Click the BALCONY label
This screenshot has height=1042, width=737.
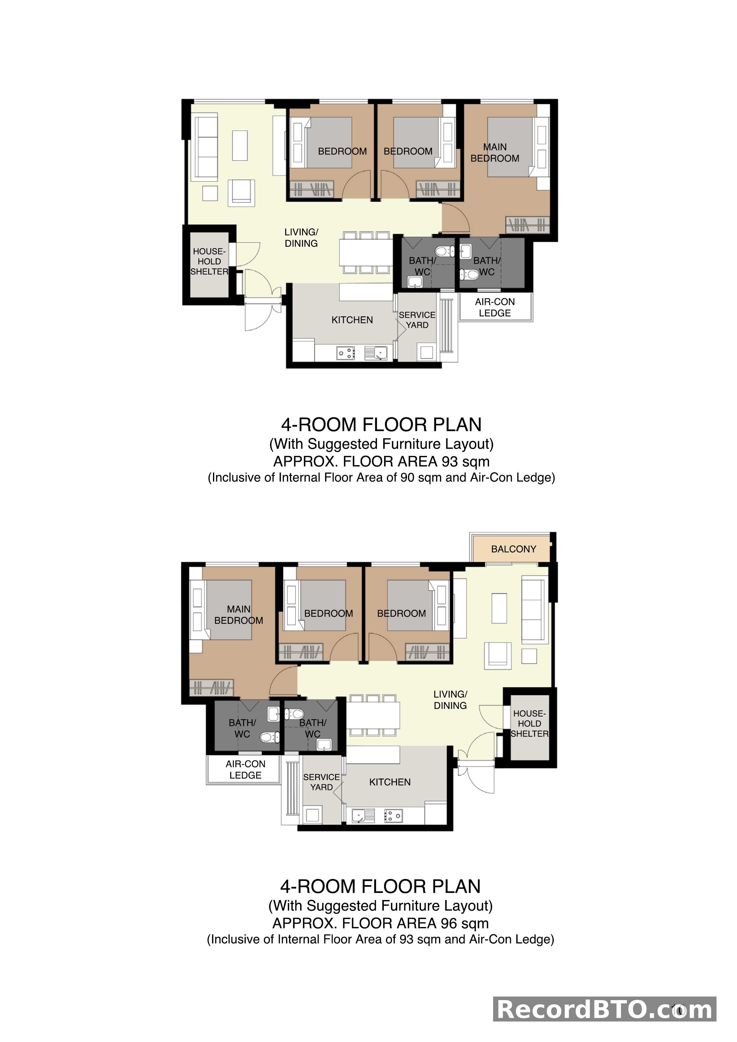coord(513,549)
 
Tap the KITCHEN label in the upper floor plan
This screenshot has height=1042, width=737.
coord(352,320)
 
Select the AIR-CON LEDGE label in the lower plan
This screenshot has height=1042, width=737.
coord(245,770)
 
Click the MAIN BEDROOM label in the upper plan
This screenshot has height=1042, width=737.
coord(495,153)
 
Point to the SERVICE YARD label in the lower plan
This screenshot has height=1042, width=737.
coord(321,782)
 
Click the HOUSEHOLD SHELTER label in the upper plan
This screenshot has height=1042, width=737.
coord(209,261)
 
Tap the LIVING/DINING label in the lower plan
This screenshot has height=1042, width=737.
coord(450,700)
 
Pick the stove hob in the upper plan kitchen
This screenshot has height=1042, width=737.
coord(345,353)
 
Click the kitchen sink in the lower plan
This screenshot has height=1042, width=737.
coord(363,816)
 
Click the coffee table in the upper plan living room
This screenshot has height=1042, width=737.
coord(240,145)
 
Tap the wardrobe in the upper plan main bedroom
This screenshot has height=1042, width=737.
coord(527,225)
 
